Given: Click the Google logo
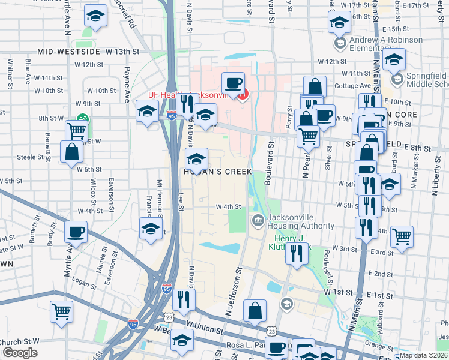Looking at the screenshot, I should [20, 353].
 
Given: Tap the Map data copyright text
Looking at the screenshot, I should [423, 355].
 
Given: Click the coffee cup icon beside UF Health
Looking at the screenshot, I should [233, 83].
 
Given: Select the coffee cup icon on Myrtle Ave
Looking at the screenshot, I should [76, 232].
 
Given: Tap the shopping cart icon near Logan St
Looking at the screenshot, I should [61, 311].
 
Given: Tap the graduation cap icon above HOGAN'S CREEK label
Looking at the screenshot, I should [196, 159].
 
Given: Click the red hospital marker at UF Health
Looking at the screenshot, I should [243, 95].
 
